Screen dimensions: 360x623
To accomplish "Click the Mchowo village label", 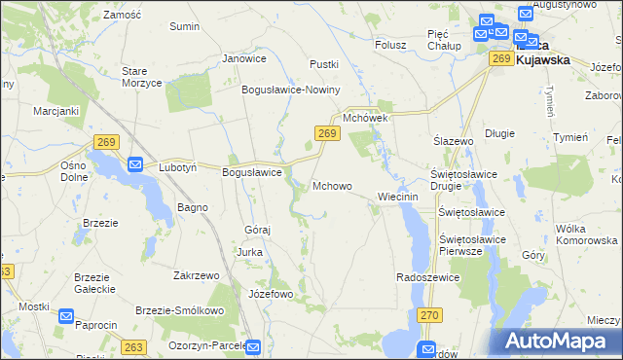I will coord(332,186).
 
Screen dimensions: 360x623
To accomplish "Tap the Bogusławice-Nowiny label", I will coord(291,90).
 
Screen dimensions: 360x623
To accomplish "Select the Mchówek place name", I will coord(365,119).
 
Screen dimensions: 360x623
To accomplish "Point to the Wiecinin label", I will coord(397,197).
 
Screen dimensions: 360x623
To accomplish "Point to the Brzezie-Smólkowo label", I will coord(180,310).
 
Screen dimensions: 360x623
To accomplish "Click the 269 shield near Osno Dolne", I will coord(107,142).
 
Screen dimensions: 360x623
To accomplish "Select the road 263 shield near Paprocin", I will coord(134,346).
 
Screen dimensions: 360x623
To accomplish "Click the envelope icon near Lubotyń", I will coord(135,165).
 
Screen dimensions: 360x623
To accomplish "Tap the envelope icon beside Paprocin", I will coord(66,316).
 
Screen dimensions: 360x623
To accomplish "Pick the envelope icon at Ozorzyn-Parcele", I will coord(253,346).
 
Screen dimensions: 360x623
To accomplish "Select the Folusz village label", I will coord(389,44).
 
